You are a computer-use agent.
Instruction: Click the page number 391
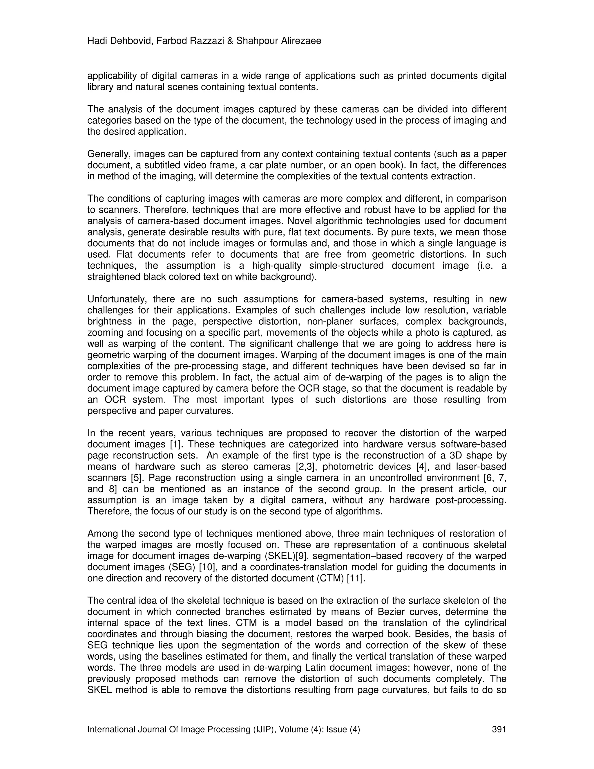click(x=499, y=729)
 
